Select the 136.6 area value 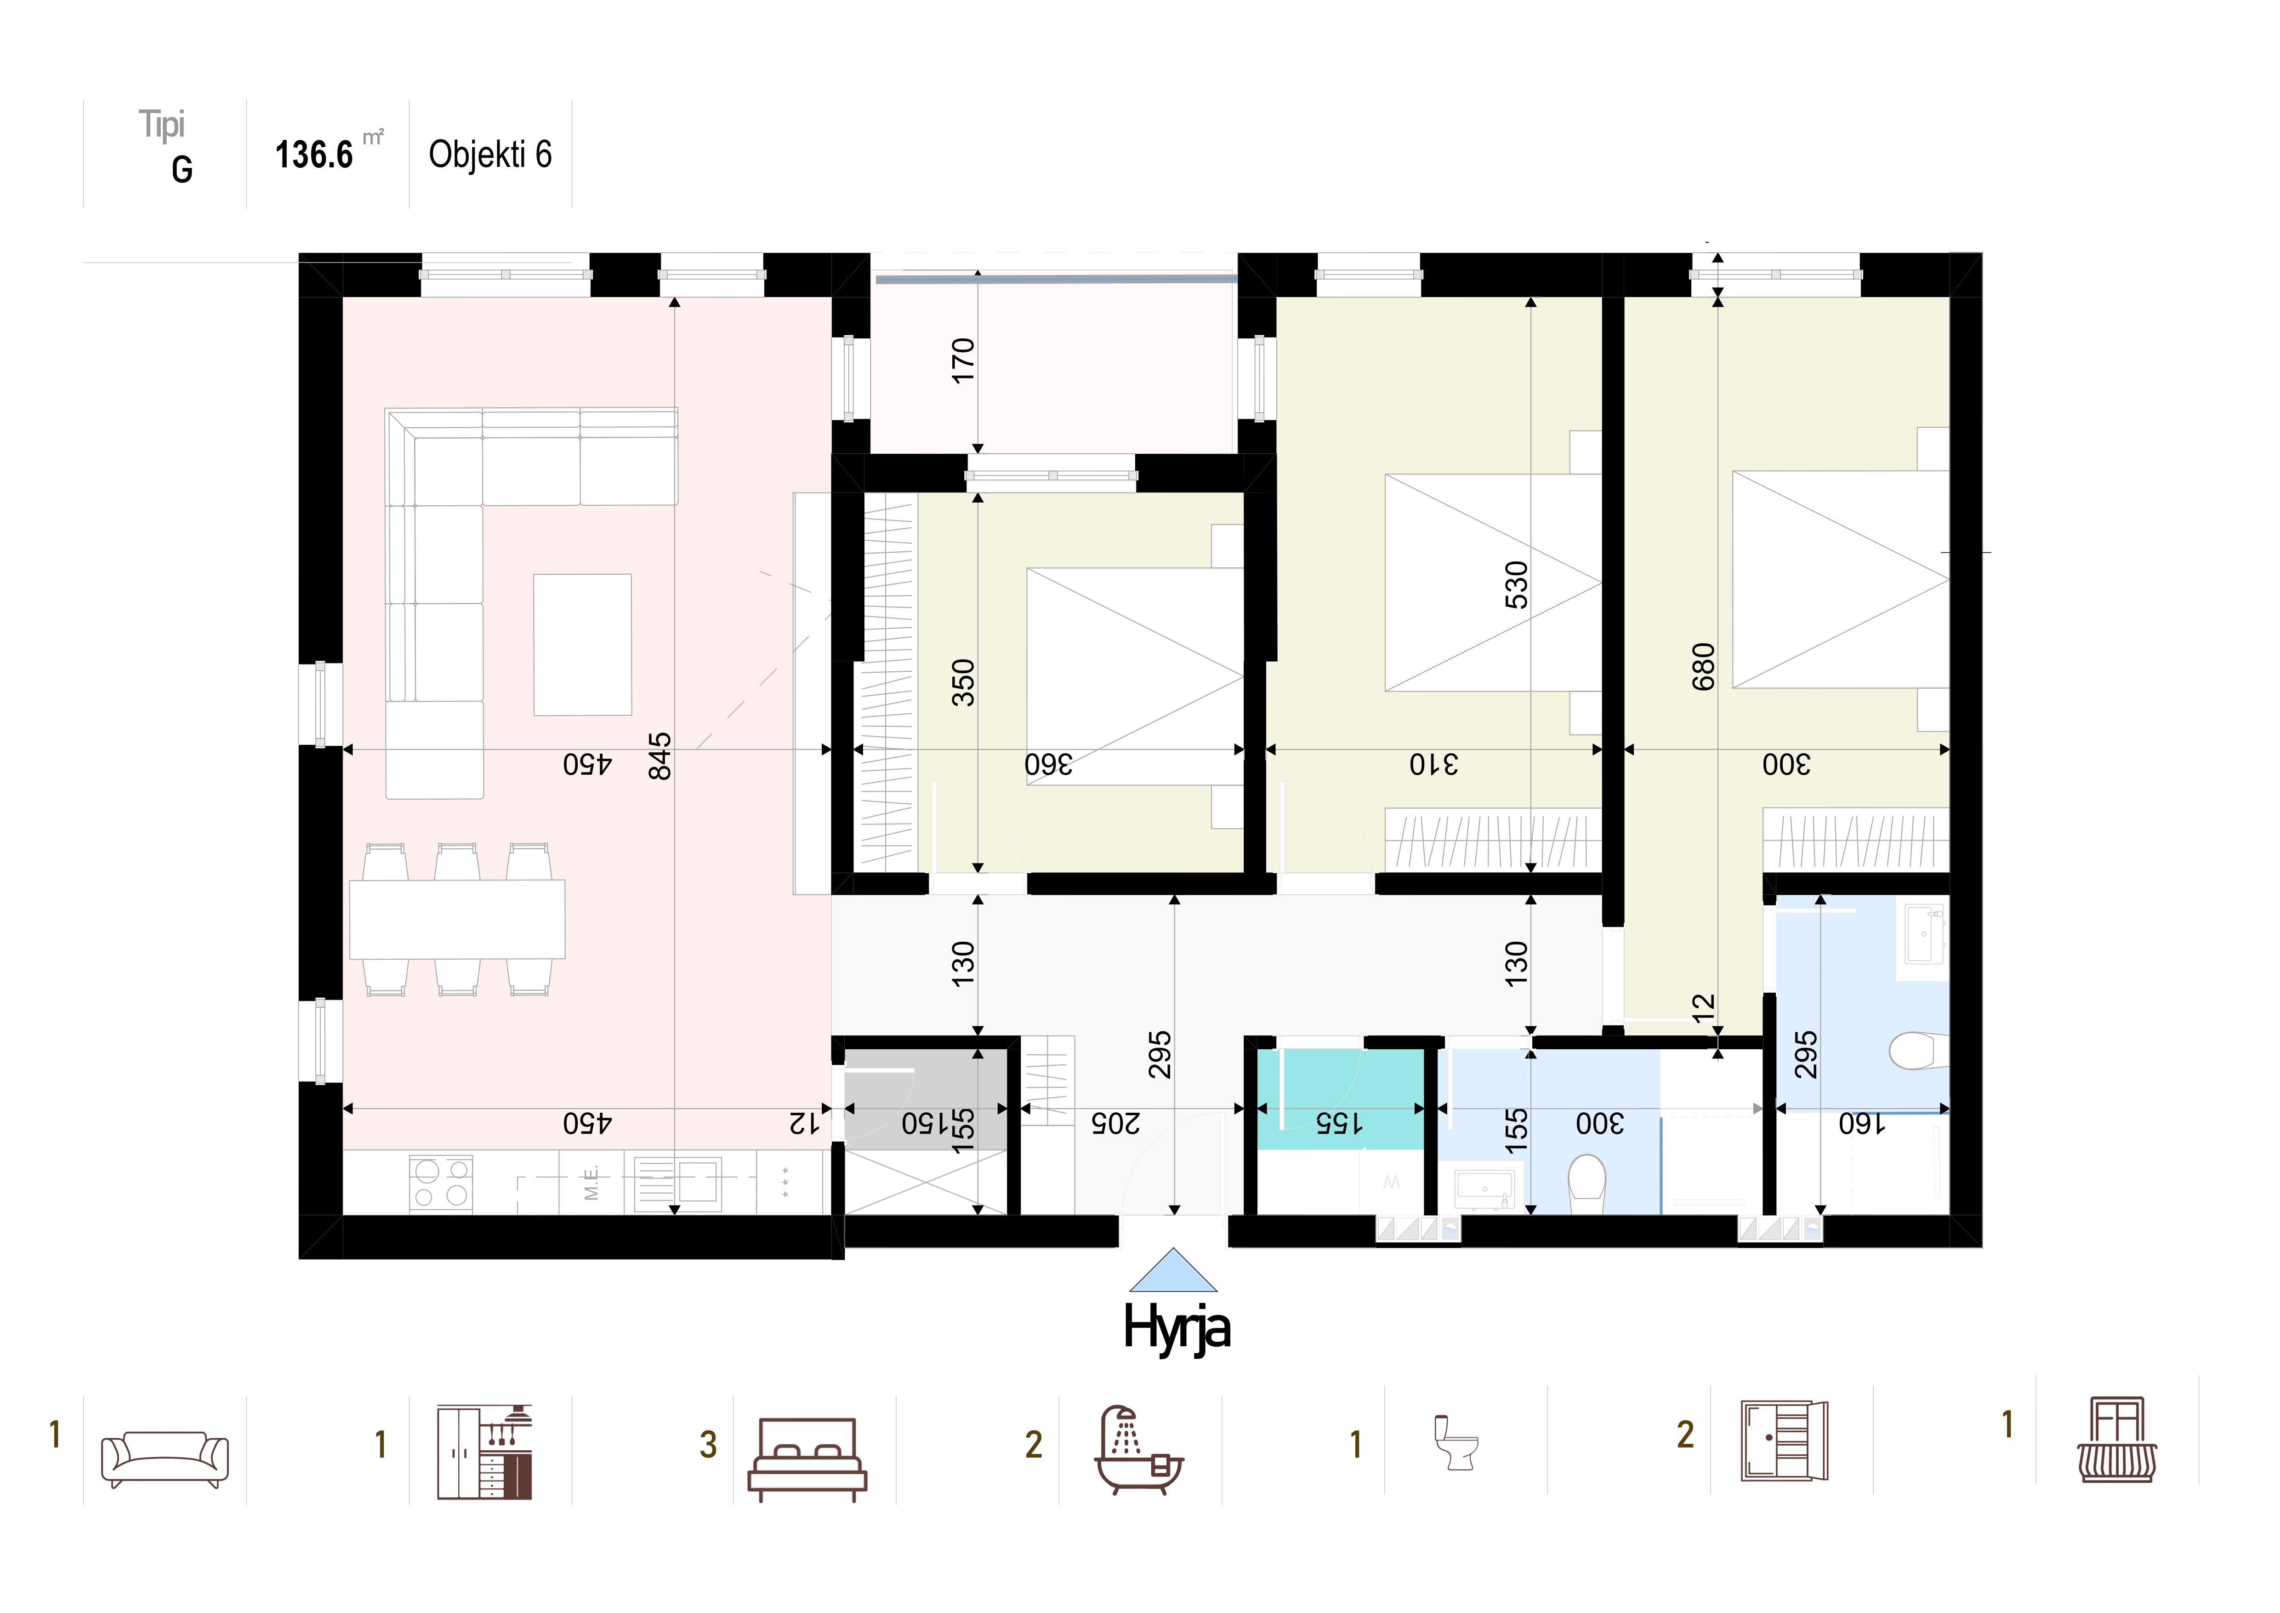[314, 155]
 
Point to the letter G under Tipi [182, 170]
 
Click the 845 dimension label [660, 757]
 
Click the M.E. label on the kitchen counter [592, 1182]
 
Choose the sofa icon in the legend [165, 1458]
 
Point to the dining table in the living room [457, 919]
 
